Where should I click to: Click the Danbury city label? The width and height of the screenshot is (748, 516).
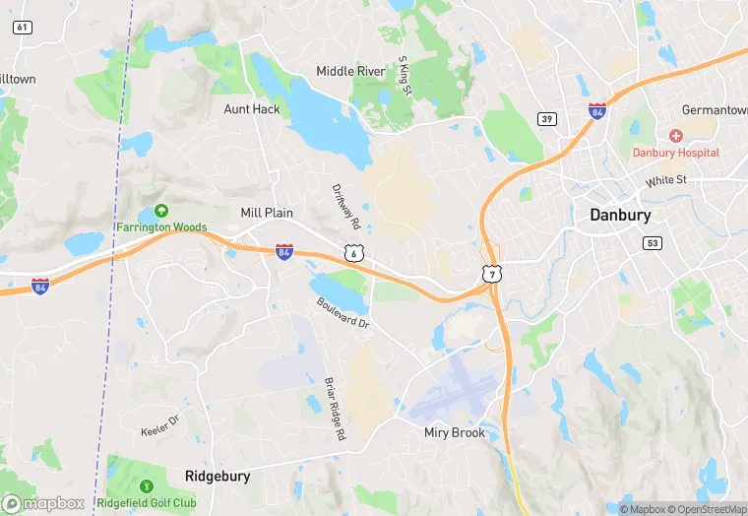tap(620, 215)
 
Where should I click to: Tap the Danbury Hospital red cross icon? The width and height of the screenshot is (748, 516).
tap(676, 135)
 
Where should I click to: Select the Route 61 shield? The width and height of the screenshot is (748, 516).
tap(22, 27)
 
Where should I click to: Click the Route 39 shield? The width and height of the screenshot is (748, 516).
tap(546, 119)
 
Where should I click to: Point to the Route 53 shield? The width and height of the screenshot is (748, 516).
tap(652, 242)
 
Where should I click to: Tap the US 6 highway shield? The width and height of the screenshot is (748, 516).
tap(352, 254)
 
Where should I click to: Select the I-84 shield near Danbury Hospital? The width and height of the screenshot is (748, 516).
tap(596, 111)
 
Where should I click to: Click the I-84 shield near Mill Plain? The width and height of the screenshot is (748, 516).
tap(283, 253)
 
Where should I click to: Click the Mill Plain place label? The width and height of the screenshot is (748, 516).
tap(267, 213)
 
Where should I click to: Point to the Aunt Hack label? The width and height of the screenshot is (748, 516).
tap(252, 109)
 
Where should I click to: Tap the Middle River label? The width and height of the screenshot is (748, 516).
tap(350, 71)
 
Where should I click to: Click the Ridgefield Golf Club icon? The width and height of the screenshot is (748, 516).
tap(148, 485)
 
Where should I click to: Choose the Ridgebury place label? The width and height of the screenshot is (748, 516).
tap(218, 476)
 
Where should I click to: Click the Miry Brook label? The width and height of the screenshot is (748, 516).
tap(455, 432)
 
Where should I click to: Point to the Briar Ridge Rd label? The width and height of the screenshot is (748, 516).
tap(336, 408)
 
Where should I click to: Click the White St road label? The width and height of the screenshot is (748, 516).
tap(665, 182)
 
